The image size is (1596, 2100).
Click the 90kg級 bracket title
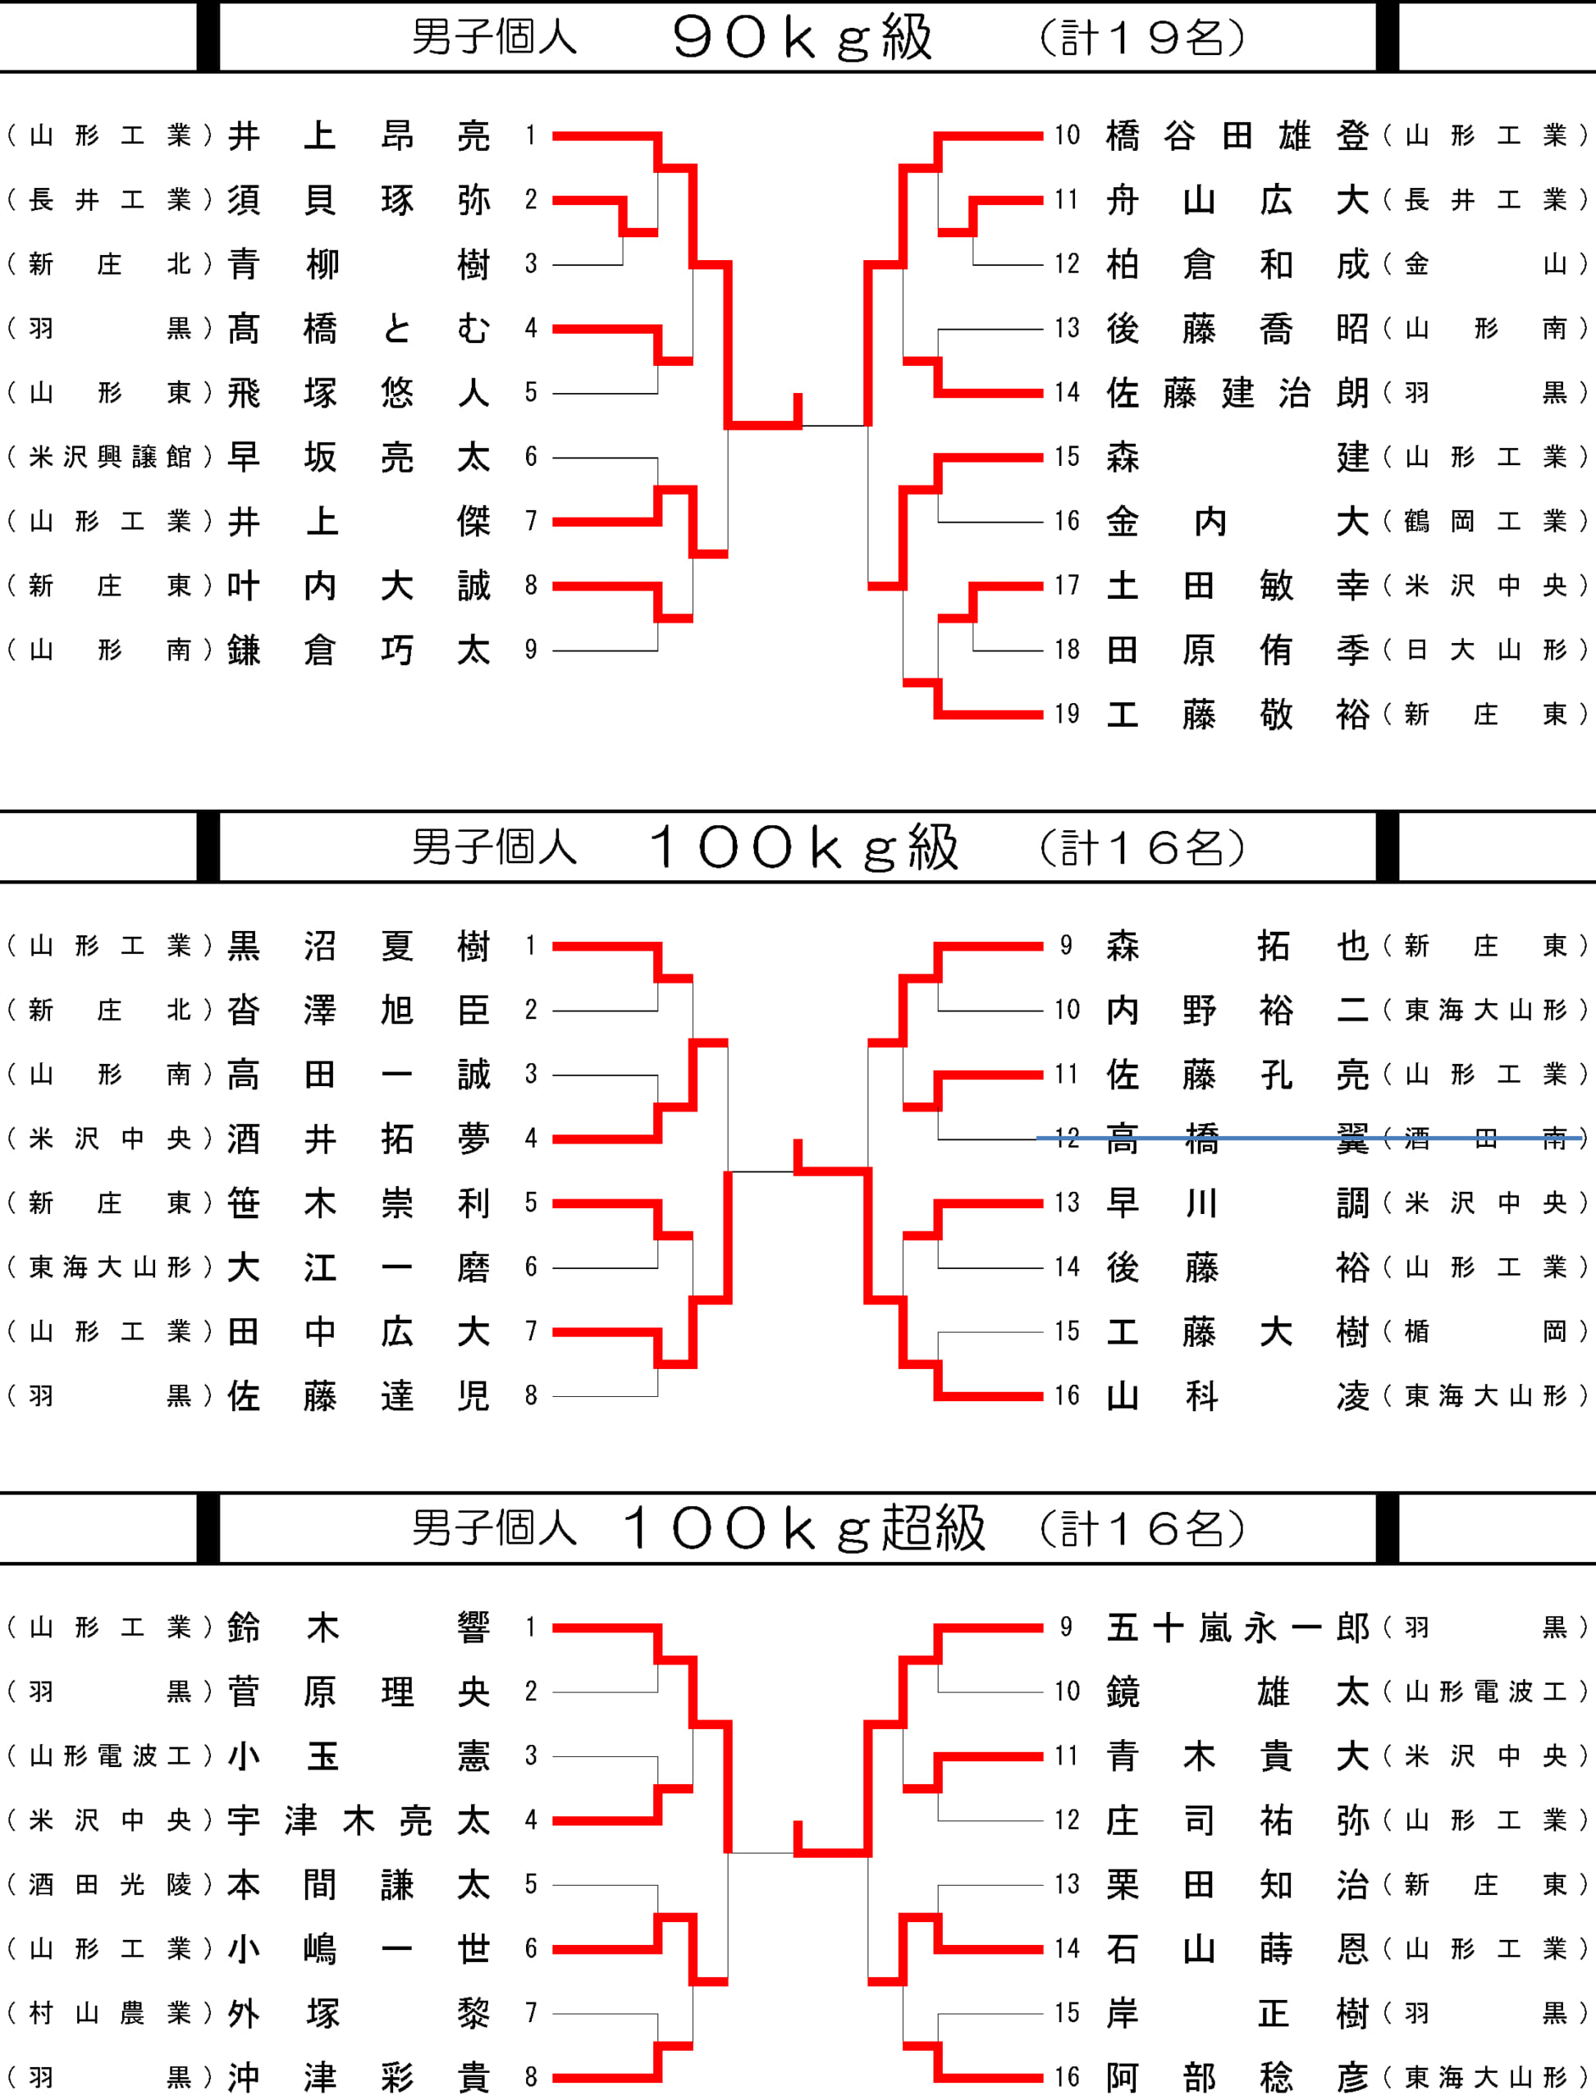click(x=802, y=38)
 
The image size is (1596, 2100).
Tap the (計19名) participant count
click(x=1141, y=38)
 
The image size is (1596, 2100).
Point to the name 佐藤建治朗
click(x=1237, y=393)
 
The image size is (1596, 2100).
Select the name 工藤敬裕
click(x=1237, y=714)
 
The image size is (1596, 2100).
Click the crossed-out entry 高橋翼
click(x=1237, y=1138)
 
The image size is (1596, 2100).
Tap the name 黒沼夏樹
click(x=359, y=946)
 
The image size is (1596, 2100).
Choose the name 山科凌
click(x=1237, y=1396)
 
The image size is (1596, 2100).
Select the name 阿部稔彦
click(x=1237, y=2078)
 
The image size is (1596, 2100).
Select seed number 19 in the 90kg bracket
click(x=1067, y=714)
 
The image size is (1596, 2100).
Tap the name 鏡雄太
click(x=1237, y=1692)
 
